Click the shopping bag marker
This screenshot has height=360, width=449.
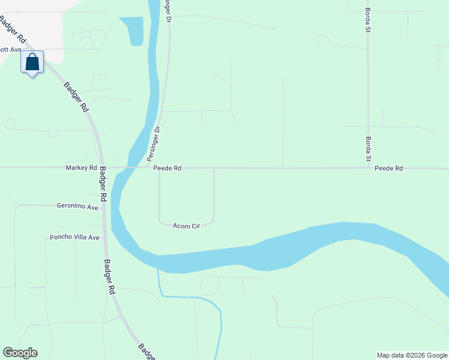[32, 62]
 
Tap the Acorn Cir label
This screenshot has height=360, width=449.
[185, 226]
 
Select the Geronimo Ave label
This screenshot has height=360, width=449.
[77, 207]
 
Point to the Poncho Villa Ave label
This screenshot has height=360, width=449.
[73, 238]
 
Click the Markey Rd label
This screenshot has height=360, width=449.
[81, 169]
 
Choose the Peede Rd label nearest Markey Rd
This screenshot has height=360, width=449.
[167, 169]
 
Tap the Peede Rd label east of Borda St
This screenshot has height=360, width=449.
[388, 169]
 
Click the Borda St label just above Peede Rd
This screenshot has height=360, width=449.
[368, 150]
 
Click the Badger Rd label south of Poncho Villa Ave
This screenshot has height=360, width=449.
[109, 276]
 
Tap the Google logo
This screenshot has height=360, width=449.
[20, 353]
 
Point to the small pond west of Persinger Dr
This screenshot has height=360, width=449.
[134, 30]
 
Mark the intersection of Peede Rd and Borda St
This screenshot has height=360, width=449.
[368, 168]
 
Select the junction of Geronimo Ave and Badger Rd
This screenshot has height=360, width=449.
[103, 205]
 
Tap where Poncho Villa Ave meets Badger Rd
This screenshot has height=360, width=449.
[104, 238]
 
